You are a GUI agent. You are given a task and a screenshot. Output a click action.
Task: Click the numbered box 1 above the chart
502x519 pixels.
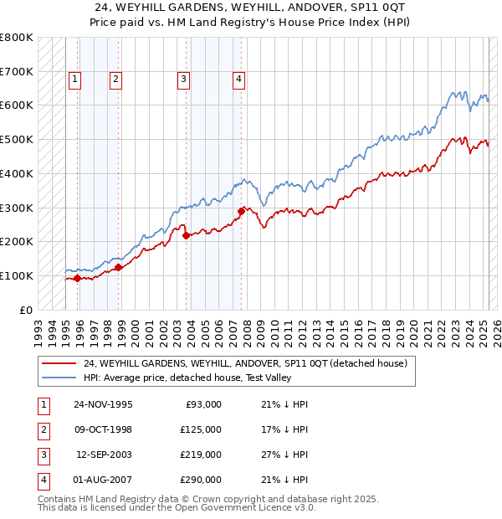[x=74, y=80]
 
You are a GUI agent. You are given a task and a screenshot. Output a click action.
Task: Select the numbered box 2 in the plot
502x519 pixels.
[x=115, y=80]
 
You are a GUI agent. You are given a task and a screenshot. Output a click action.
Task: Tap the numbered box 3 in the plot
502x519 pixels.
[x=183, y=80]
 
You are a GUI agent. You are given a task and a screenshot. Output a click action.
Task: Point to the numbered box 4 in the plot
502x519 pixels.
[x=238, y=80]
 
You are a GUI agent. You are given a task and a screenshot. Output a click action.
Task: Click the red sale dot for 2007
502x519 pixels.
[x=241, y=211]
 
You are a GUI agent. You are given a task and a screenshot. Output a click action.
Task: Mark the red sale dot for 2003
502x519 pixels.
[x=187, y=235]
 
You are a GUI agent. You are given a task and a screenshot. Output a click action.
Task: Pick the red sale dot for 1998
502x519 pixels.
[x=119, y=267]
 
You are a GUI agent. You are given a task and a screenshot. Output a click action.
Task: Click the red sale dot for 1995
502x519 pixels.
[x=78, y=278]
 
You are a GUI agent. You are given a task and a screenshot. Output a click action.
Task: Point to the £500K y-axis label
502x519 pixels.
[x=16, y=139]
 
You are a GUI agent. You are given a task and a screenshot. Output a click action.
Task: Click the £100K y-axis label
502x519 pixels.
[x=16, y=275]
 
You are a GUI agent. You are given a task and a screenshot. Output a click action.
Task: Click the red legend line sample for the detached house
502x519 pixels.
[x=59, y=364]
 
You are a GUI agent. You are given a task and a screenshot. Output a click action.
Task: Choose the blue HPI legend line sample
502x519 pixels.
[x=59, y=378]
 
